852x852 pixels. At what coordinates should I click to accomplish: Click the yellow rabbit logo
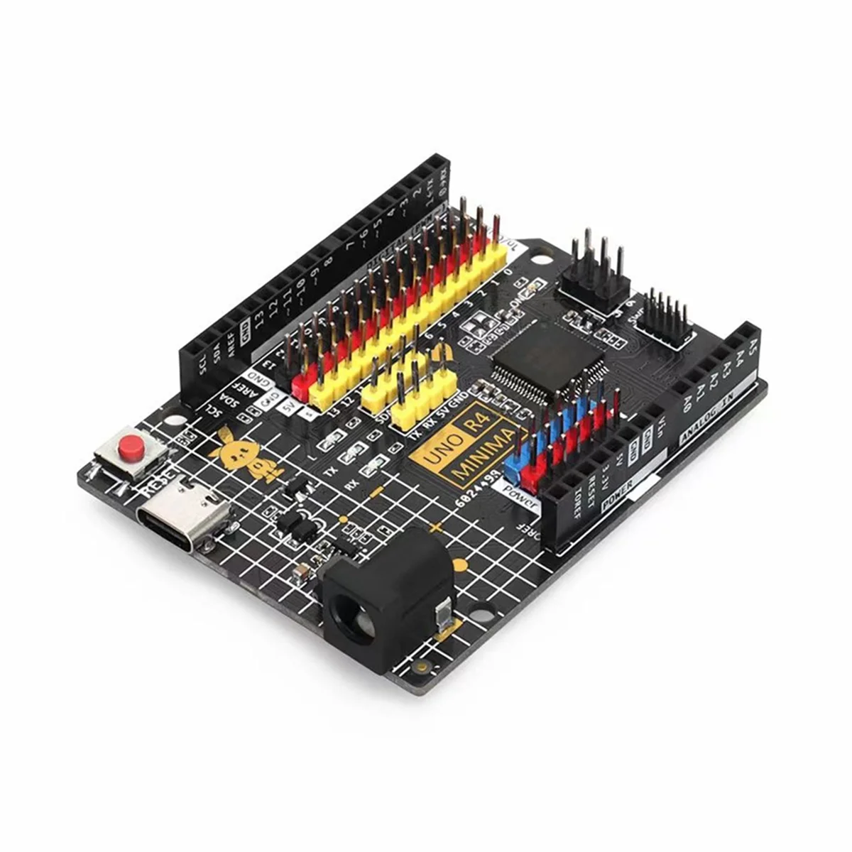click(244, 454)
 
